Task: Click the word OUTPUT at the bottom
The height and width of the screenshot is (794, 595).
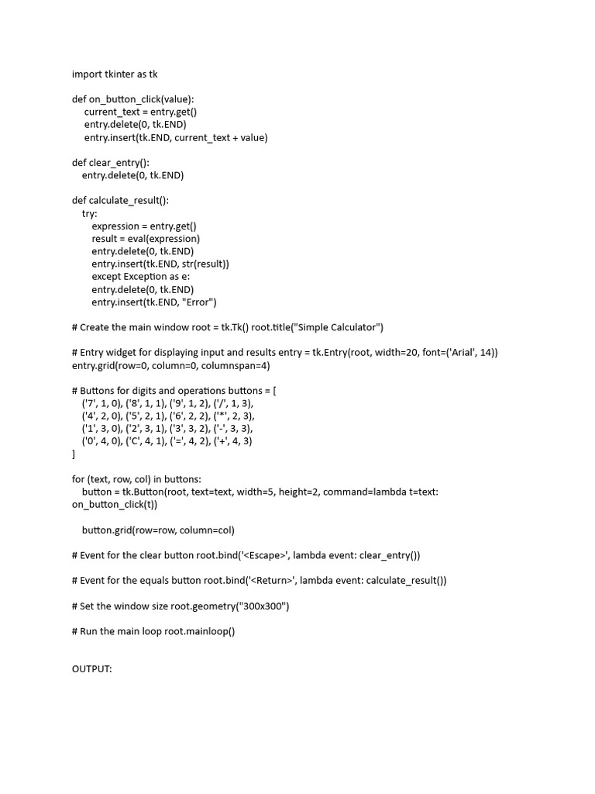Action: tap(92, 669)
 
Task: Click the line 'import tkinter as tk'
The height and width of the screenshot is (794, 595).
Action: tap(115, 74)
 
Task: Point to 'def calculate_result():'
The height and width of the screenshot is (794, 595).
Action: tap(120, 201)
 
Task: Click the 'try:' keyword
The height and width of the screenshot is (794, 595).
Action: tap(90, 213)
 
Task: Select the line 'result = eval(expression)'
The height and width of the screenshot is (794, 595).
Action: tap(146, 239)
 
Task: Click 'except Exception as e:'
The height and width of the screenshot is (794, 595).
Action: tap(141, 277)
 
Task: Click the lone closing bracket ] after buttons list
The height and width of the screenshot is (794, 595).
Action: tap(74, 454)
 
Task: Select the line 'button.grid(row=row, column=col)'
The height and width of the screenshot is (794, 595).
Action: tap(158, 530)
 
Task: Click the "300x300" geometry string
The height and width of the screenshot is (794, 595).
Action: tap(262, 606)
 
